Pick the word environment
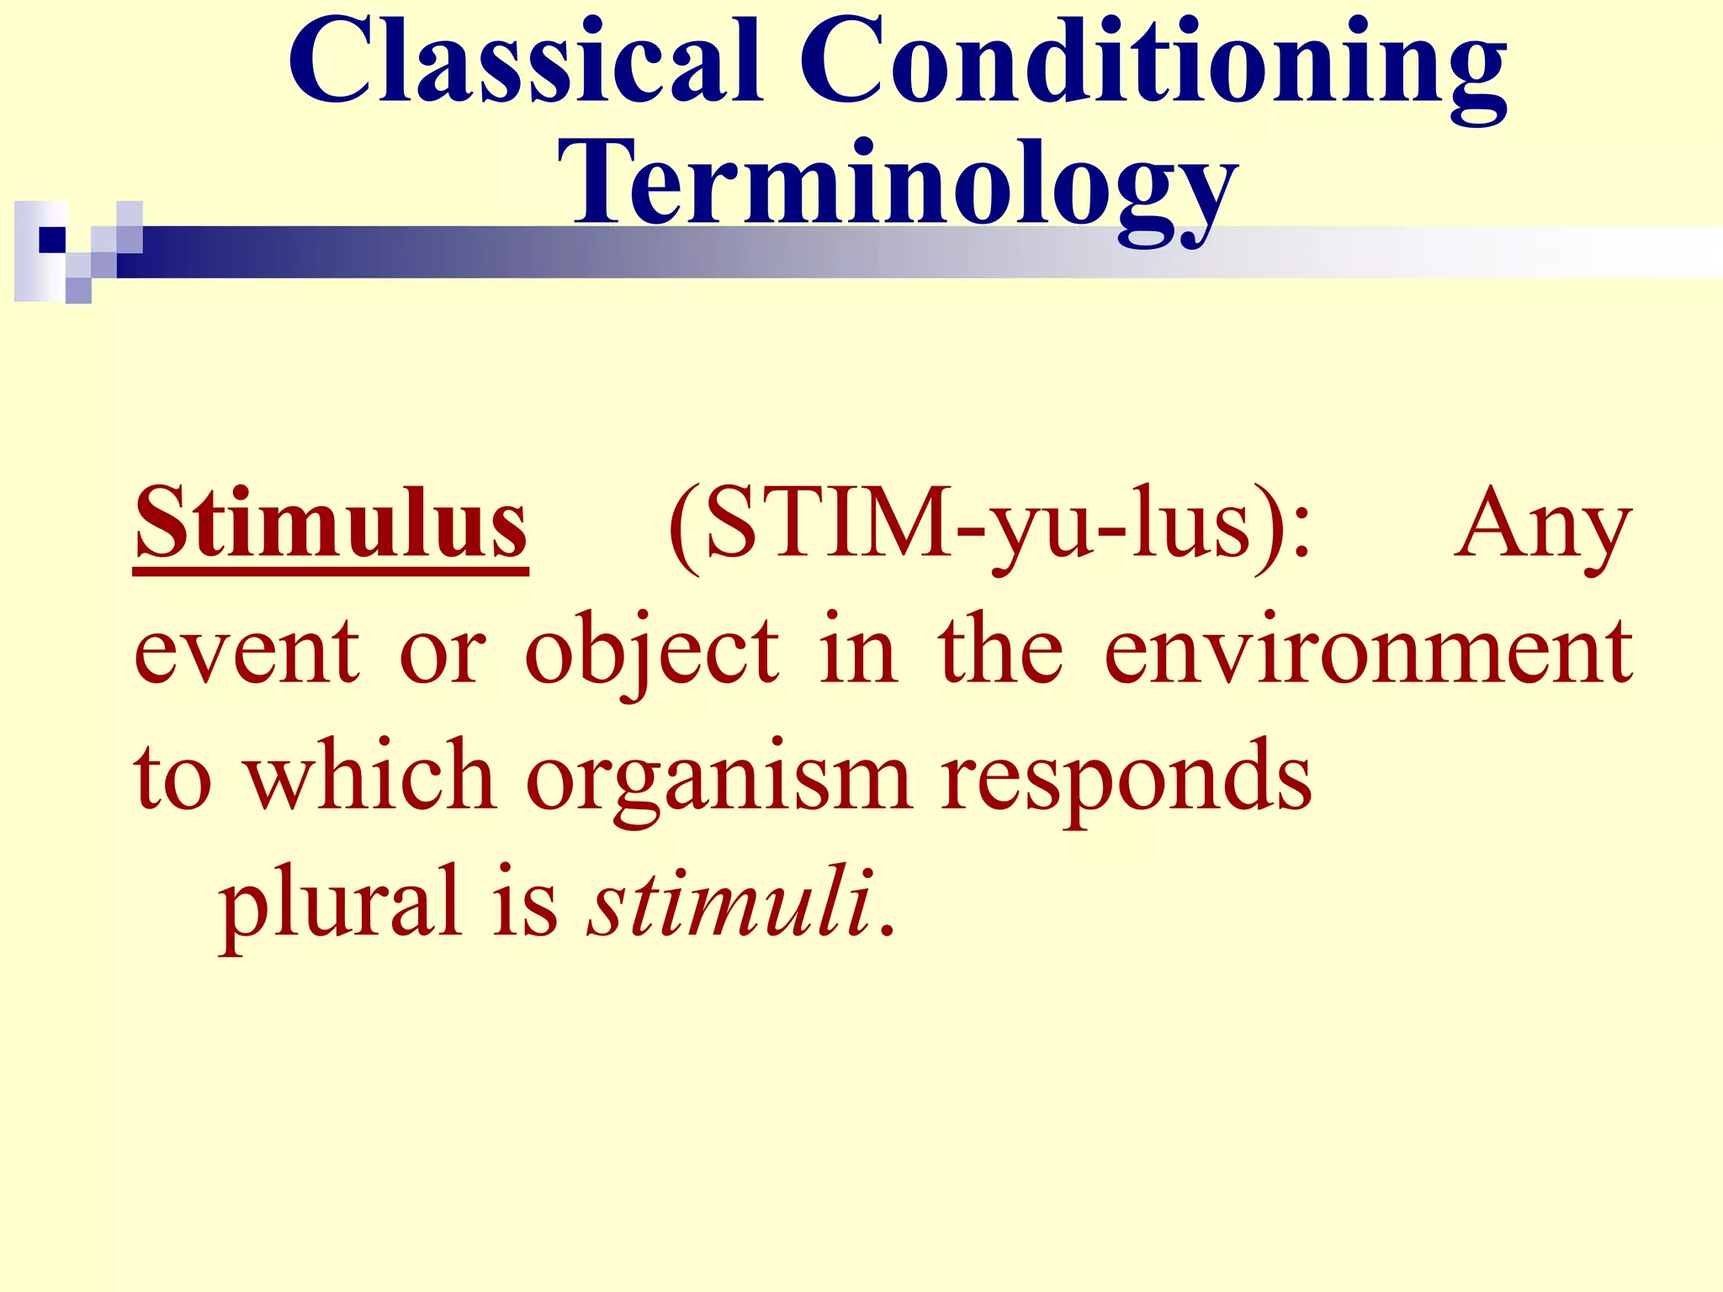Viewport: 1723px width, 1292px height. pyautogui.click(x=1368, y=652)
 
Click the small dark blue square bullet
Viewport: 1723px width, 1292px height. pyautogui.click(x=52, y=240)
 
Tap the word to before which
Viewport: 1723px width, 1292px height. pyautogui.click(x=172, y=778)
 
